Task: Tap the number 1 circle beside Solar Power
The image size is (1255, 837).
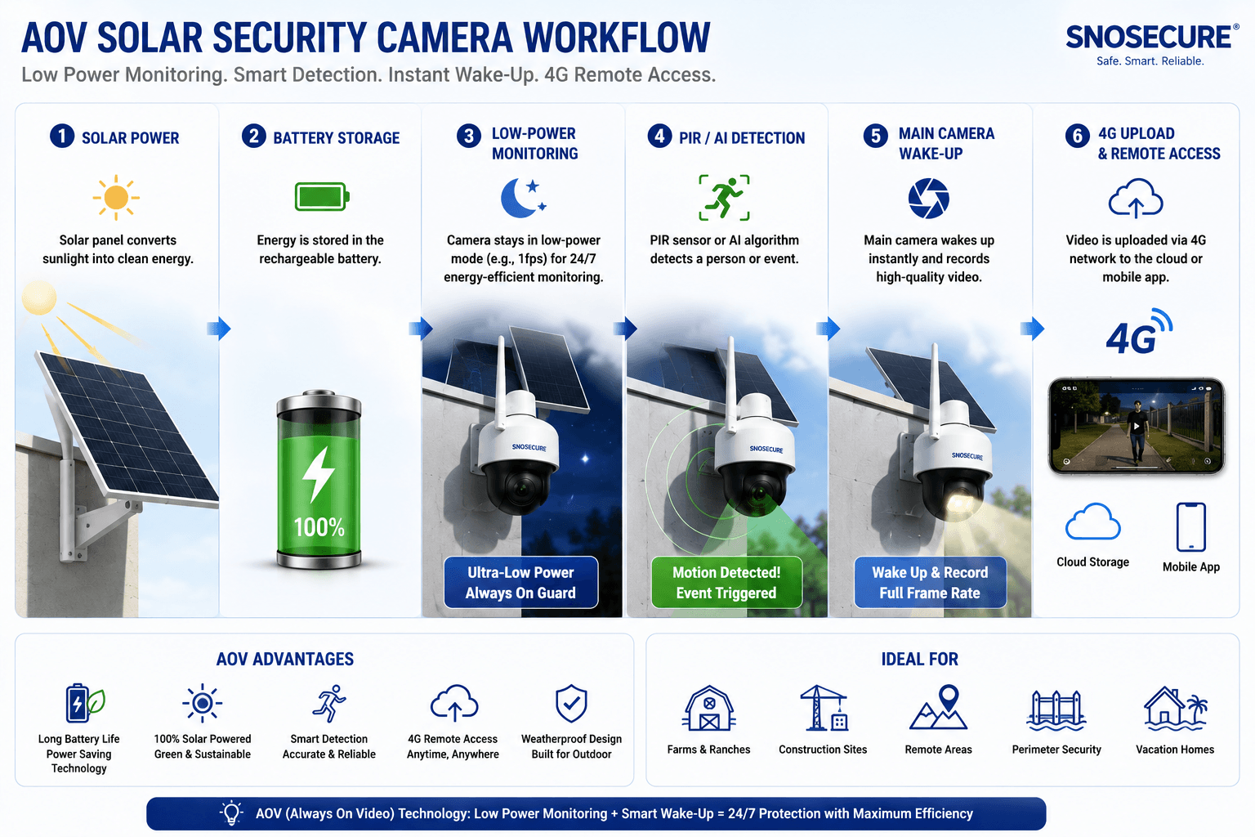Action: click(x=62, y=137)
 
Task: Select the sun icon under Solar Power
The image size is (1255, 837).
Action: click(x=116, y=197)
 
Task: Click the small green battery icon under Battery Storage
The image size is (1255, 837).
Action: click(x=322, y=196)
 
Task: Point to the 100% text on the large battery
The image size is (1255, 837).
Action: click(x=319, y=527)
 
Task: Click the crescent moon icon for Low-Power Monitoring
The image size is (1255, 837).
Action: click(x=523, y=197)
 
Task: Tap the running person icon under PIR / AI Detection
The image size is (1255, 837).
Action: click(x=724, y=197)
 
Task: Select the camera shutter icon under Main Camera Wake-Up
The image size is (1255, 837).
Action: click(x=928, y=198)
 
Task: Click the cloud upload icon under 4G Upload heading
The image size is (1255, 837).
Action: click(x=1136, y=198)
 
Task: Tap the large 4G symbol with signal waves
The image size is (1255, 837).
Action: click(x=1138, y=332)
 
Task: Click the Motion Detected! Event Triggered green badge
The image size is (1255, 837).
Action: click(x=726, y=583)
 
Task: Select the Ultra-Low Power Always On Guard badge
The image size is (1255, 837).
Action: click(x=521, y=583)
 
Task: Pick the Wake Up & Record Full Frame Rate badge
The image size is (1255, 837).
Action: click(x=930, y=583)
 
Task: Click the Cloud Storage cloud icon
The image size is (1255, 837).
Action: click(x=1092, y=521)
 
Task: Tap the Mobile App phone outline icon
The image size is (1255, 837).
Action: click(x=1191, y=527)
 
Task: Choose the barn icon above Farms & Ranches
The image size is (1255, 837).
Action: click(x=708, y=708)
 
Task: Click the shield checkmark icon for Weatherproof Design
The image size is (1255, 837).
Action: click(x=571, y=703)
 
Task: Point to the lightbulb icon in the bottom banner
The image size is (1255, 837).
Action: click(x=231, y=813)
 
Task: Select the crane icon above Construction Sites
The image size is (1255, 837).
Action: click(x=824, y=708)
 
